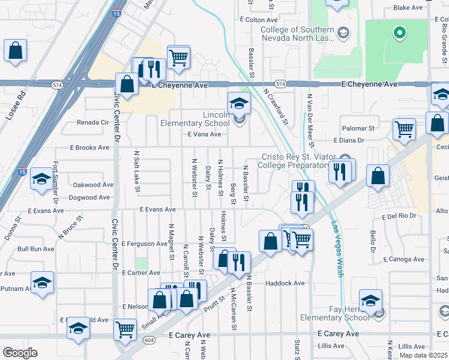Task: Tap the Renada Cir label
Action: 92,122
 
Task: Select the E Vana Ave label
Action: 205,134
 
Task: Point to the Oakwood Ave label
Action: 93,185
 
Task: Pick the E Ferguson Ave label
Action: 144,244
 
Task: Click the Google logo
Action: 20,353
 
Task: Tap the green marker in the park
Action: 398,33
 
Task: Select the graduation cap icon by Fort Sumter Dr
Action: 41,179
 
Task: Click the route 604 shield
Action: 148,340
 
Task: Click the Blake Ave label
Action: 408,8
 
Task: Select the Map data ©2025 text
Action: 423,355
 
